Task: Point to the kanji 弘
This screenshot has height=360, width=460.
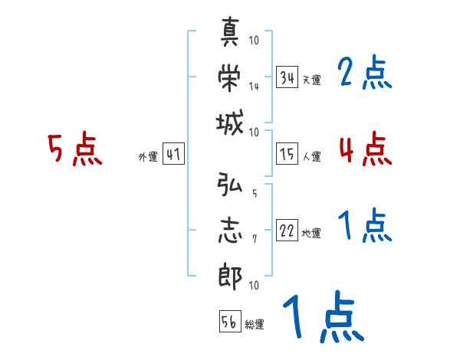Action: [231, 185]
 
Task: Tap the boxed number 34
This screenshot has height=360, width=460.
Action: [287, 77]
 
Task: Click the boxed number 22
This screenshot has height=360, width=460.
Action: [287, 232]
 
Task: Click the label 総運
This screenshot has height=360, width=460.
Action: [255, 325]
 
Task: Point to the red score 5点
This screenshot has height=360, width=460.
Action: [74, 150]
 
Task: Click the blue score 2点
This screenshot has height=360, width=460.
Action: [365, 74]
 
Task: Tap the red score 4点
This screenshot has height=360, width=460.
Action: [365, 149]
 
